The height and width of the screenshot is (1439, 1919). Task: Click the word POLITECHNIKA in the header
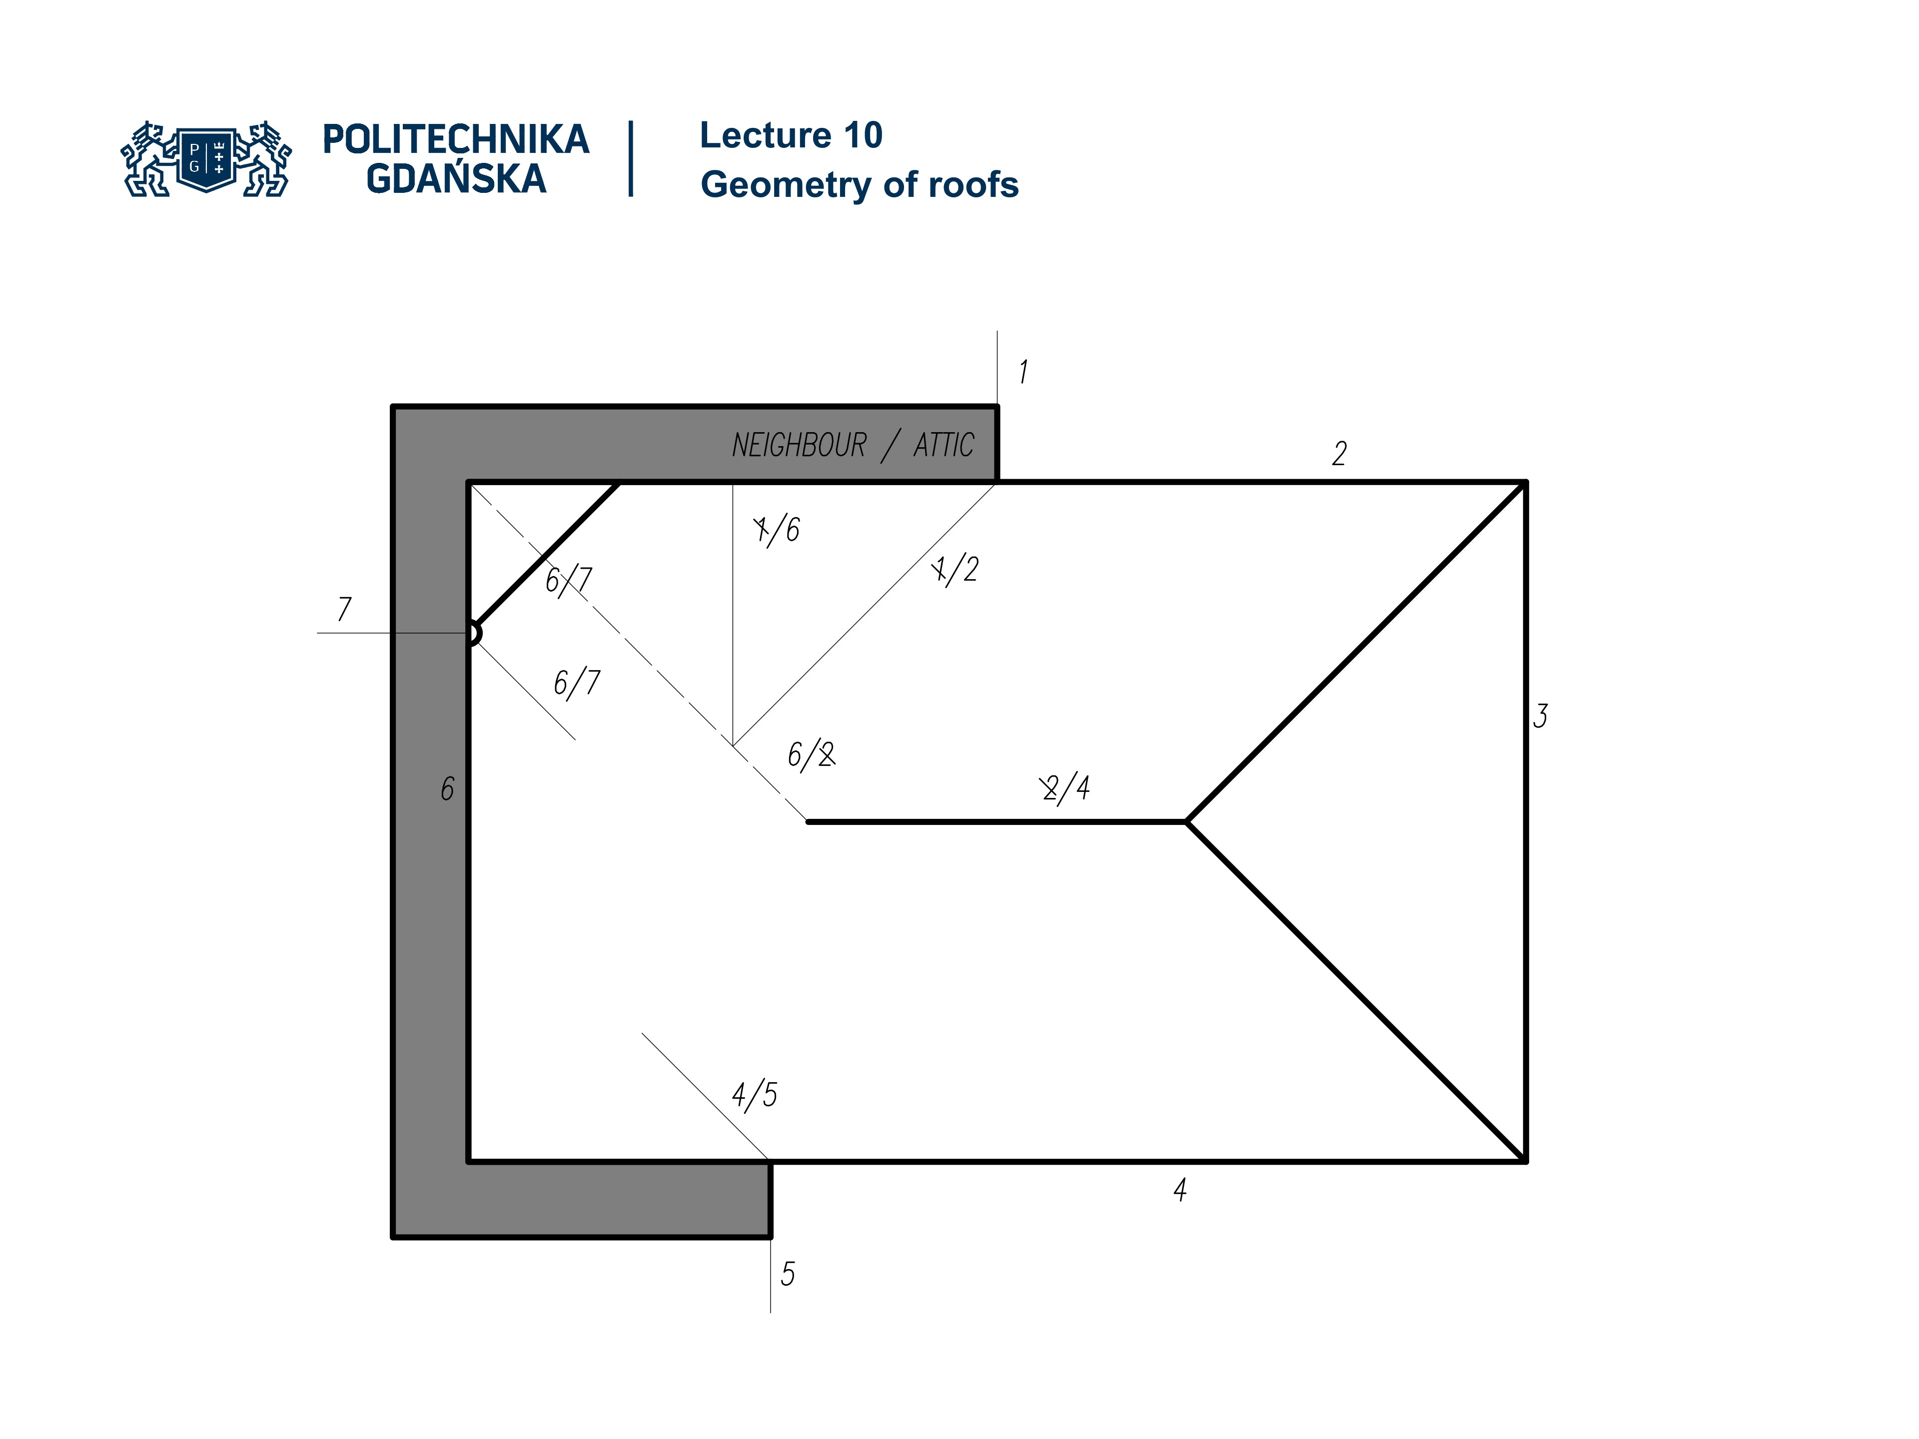click(x=455, y=139)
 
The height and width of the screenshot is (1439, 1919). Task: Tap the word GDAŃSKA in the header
click(x=455, y=179)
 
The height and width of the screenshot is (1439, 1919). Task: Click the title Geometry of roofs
click(x=859, y=185)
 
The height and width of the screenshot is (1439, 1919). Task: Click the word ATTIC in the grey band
click(x=944, y=446)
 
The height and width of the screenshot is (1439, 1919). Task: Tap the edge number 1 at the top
click(x=1023, y=371)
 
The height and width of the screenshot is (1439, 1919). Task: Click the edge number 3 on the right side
click(x=1540, y=716)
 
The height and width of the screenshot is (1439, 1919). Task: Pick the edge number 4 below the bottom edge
click(x=1180, y=1189)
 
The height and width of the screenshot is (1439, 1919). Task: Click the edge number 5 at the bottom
click(x=788, y=1273)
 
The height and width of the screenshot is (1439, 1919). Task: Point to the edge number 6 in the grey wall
click(x=447, y=788)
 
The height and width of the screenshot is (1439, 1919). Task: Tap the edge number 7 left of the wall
click(x=344, y=609)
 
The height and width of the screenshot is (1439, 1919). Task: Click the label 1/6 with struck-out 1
click(x=777, y=528)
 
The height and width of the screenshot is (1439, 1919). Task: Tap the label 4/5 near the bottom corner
click(x=754, y=1095)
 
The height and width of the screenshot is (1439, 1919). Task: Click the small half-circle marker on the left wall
click(x=474, y=633)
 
